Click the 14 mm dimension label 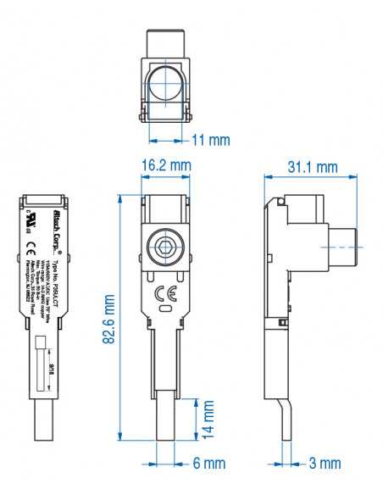tap(208, 419)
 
